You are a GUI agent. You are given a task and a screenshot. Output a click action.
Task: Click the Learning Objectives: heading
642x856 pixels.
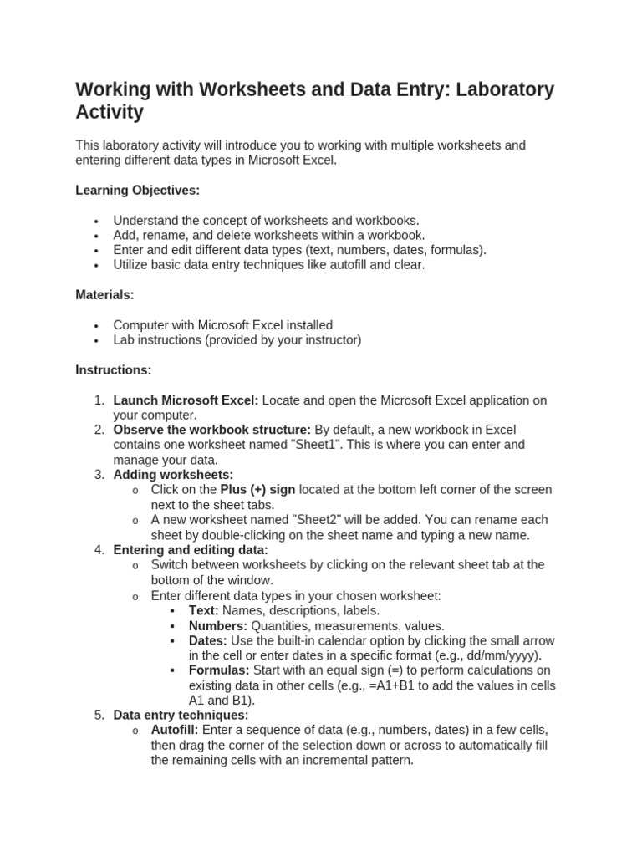138,191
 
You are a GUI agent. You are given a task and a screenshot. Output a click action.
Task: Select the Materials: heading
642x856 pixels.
104,295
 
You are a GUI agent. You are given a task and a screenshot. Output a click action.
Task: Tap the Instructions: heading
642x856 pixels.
114,369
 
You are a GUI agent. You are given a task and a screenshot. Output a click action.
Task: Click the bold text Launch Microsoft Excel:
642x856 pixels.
186,400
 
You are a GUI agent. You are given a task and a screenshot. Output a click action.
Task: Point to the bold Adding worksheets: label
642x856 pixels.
173,475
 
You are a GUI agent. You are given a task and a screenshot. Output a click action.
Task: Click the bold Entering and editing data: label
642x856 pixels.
191,550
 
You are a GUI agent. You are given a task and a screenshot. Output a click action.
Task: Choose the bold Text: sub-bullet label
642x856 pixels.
204,610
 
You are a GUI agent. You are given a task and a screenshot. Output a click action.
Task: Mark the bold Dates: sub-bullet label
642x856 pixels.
208,640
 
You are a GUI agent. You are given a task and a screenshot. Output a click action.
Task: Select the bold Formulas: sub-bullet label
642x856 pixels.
219,670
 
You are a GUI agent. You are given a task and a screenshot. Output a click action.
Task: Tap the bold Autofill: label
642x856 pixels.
175,731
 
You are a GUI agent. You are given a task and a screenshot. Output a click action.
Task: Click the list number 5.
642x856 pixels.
99,716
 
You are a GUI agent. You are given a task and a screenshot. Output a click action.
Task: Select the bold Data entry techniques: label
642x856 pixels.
181,716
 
